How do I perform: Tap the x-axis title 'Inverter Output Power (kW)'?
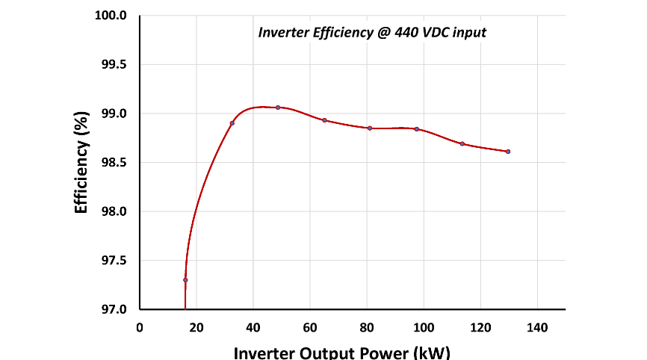pos(342,352)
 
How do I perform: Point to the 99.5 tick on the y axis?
pos(115,65)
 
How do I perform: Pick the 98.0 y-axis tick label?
pos(115,212)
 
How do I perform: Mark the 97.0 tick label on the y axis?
pos(115,309)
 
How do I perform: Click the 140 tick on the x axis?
pos(537,326)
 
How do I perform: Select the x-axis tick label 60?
pos(310,326)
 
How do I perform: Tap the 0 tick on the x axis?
pos(140,326)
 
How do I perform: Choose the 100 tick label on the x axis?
pos(424,326)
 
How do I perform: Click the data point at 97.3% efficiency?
pos(185,280)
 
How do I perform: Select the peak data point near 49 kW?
pos(278,108)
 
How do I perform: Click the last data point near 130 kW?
pos(508,152)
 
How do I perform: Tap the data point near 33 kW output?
pos(232,123)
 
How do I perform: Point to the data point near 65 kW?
pos(324,120)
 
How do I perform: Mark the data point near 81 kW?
pos(370,128)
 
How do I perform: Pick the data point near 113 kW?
pos(462,143)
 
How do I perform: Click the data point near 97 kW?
pos(417,129)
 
